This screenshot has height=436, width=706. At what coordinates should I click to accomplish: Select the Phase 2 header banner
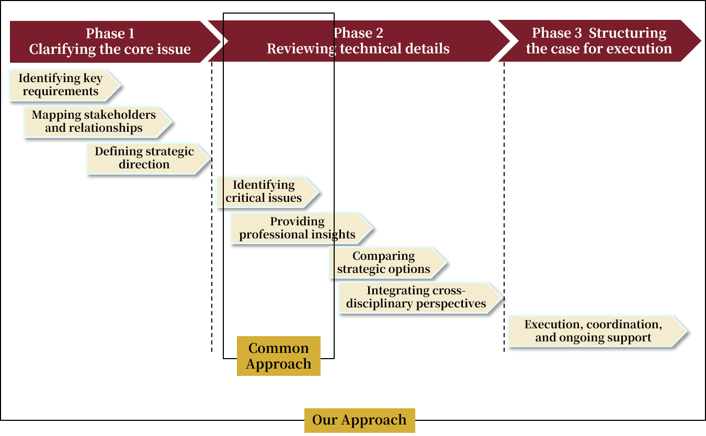coord(358,42)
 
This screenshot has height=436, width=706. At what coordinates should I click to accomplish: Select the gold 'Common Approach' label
coord(279,356)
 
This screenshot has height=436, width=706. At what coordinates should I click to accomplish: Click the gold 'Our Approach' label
coord(359,420)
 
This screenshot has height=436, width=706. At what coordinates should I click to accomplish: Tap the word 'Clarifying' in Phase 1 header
coord(62,49)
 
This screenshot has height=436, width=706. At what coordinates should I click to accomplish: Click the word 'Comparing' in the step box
coord(383,256)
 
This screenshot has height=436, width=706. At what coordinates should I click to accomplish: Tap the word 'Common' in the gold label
coord(279,348)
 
